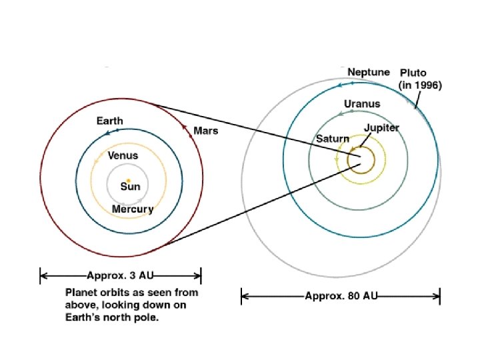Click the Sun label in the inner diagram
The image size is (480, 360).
[130, 187]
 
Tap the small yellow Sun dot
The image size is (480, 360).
[128, 180]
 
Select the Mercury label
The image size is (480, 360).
[132, 209]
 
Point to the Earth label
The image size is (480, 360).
[109, 121]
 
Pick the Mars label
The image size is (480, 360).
[205, 130]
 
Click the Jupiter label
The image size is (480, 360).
[381, 127]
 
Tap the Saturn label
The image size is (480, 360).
[332, 139]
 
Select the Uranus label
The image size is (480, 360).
[362, 103]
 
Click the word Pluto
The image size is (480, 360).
[413, 72]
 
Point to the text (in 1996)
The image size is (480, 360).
[420, 85]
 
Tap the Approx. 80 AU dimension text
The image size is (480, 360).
[341, 295]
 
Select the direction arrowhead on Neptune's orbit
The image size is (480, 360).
[341, 84]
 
